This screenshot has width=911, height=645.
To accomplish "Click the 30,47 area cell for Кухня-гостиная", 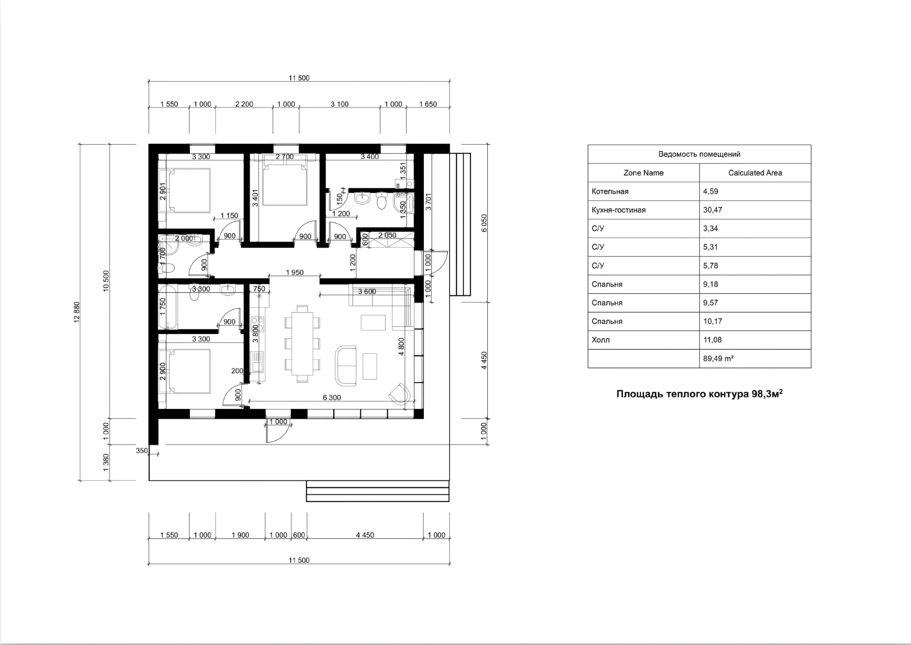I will [x=713, y=210].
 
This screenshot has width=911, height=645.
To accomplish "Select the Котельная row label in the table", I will [x=610, y=191].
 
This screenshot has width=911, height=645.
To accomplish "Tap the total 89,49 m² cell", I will [x=718, y=358].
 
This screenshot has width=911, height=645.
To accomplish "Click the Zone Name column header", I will [x=643, y=173].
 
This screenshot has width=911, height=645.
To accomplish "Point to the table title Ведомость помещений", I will [x=699, y=154].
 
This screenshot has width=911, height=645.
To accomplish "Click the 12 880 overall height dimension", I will [x=77, y=312].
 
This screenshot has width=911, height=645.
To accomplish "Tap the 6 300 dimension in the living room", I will [x=331, y=397].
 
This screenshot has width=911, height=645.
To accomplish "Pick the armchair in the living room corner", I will [x=399, y=394].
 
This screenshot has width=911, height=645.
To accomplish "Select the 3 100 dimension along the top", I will [x=340, y=104].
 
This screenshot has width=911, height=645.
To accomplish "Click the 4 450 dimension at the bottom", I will [x=365, y=535].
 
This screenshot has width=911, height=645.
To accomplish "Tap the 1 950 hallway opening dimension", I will [x=294, y=273].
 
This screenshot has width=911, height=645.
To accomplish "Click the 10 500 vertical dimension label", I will [x=106, y=280].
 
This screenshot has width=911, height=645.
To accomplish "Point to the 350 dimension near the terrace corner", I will [x=142, y=451].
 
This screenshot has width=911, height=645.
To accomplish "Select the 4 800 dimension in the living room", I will [x=401, y=347].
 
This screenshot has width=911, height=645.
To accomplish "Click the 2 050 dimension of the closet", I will [x=387, y=235].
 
